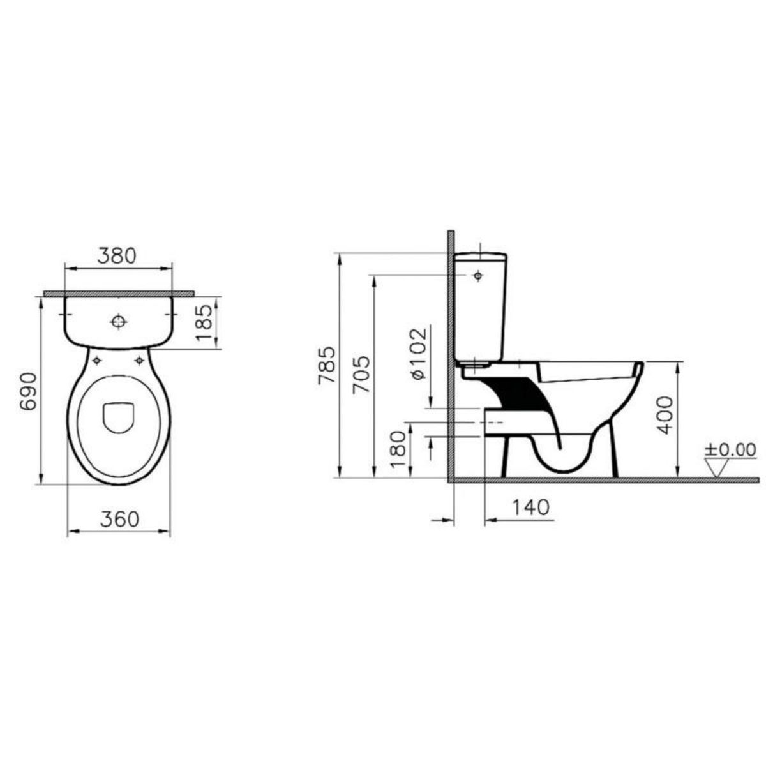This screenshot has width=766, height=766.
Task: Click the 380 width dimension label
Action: click(116, 255)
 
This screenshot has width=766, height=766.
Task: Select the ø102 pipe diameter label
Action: click(416, 355)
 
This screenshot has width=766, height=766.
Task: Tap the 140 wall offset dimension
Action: click(530, 507)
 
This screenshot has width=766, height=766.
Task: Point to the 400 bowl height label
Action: click(665, 416)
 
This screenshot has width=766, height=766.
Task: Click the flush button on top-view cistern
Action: click(118, 322)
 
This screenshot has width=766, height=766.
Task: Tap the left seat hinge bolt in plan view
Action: click(97, 361)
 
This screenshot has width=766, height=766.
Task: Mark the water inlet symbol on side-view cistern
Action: click(477, 276)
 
